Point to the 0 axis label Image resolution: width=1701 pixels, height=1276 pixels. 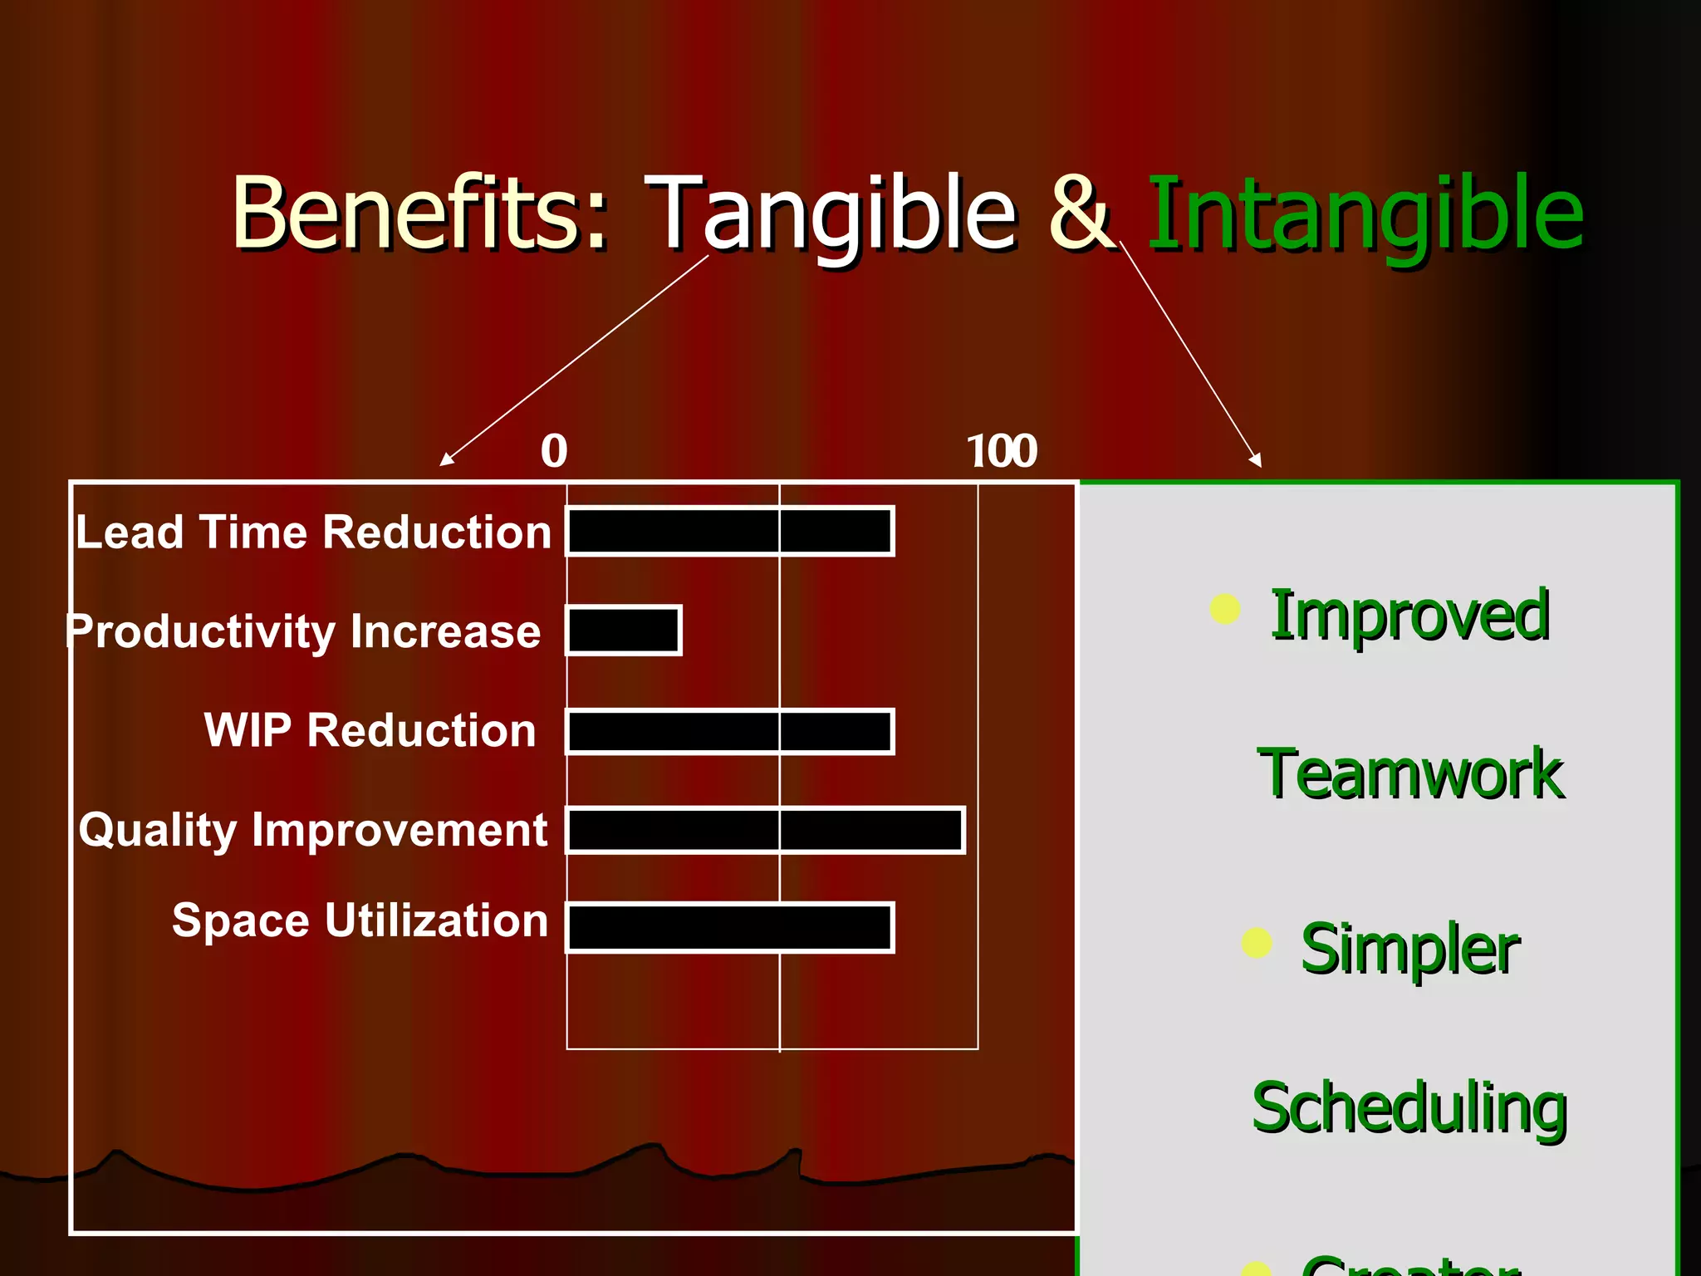pyautogui.click(x=554, y=451)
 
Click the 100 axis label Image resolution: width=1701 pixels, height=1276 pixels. pyautogui.click(x=1002, y=451)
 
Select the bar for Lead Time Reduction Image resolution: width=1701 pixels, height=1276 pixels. pyautogui.click(x=729, y=531)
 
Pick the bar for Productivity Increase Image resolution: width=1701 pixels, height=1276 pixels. pyautogui.click(x=624, y=631)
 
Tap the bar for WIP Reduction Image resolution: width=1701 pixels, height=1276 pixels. pyautogui.click(x=729, y=731)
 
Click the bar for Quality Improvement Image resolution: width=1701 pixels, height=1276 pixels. pyautogui.click(x=764, y=830)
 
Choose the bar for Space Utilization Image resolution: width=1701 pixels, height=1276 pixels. pyautogui.click(x=729, y=927)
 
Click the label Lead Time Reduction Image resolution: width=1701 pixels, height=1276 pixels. pyautogui.click(x=313, y=532)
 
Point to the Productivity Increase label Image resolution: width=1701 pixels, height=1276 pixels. pyautogui.click(x=304, y=631)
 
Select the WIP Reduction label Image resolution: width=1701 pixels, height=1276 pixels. pyautogui.click(x=370, y=730)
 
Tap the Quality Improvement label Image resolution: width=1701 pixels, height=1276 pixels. pyautogui.click(x=313, y=830)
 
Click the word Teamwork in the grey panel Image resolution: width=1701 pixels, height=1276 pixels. pyautogui.click(x=1410, y=774)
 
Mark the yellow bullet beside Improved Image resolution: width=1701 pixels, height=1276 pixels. pyautogui.click(x=1224, y=609)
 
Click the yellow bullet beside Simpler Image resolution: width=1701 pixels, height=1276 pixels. pyautogui.click(x=1256, y=943)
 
